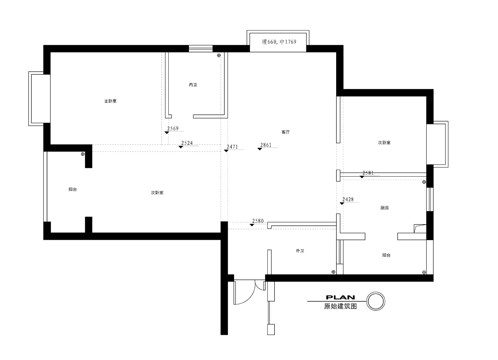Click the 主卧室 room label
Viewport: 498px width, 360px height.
point(110,101)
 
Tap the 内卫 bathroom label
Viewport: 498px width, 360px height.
point(193,85)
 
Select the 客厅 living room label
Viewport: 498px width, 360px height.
point(285,132)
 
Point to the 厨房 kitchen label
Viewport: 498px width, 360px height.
point(384,208)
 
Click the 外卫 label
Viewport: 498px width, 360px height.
point(300,251)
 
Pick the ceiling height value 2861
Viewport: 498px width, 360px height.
point(266,145)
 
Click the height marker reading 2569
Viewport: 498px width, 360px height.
point(173,128)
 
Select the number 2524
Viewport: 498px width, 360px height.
point(187,143)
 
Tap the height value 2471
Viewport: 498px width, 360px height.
point(232,147)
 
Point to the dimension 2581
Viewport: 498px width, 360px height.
point(368,173)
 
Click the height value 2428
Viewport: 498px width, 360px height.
point(348,199)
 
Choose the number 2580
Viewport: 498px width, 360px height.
point(258,221)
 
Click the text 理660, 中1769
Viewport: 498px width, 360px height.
point(279,42)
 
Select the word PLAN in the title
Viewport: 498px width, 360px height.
point(341,297)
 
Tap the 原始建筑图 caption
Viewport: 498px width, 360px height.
point(341,306)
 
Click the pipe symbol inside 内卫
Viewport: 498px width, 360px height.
point(219,55)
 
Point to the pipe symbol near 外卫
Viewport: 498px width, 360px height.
point(333,272)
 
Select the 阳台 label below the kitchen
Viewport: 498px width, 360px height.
point(386,255)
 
